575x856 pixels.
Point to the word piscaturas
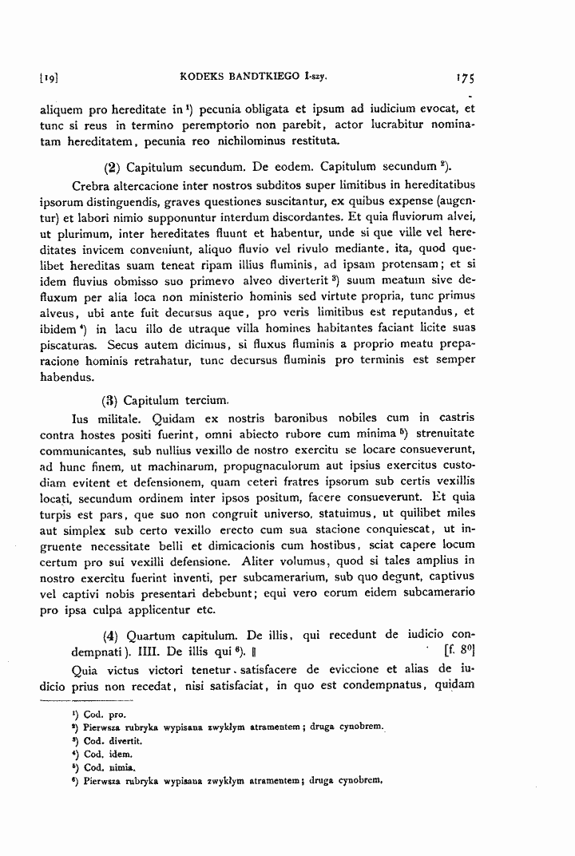click(70, 347)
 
